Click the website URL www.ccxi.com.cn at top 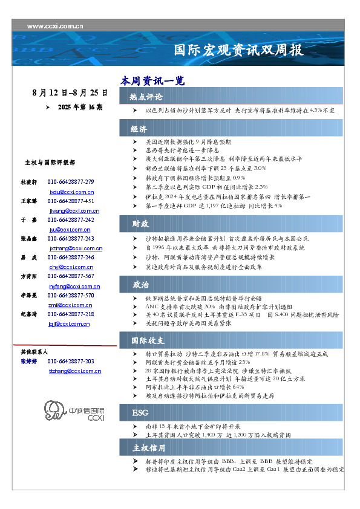click(56, 26)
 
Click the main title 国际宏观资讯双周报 click(238, 50)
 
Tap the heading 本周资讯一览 click(152, 80)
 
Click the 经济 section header click(140, 129)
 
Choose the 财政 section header click(140, 224)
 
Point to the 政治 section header click(140, 284)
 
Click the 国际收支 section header click(148, 340)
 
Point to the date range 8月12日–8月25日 click(70, 93)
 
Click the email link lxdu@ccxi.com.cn click(71, 191)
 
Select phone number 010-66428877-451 click(70, 201)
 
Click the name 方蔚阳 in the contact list click(29, 276)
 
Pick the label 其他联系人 click(34, 351)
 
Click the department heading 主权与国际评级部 click(50, 163)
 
